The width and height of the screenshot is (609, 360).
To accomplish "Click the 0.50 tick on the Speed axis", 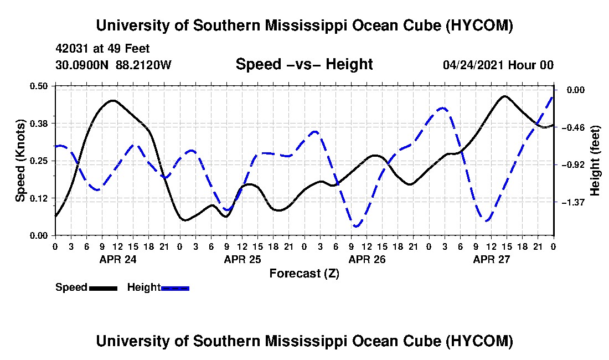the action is pyautogui.click(x=38, y=86).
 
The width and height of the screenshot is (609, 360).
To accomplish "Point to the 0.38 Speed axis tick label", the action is pyautogui.click(x=38, y=124).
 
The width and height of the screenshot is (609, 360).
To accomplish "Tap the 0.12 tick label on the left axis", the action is pyautogui.click(x=38, y=198).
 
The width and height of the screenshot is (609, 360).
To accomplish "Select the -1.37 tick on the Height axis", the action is pyautogui.click(x=576, y=202).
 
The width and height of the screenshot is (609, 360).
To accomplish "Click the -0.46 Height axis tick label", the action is pyautogui.click(x=576, y=127).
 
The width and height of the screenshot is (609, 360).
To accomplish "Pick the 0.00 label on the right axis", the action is pyautogui.click(x=576, y=90).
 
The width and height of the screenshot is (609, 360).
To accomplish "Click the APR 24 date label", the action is pyautogui.click(x=118, y=259).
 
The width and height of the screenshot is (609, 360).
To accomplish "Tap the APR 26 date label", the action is pyautogui.click(x=367, y=259).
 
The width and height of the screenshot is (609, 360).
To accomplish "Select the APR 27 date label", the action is pyautogui.click(x=491, y=259).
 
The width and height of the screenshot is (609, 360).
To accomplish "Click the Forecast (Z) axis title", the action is pyautogui.click(x=304, y=274).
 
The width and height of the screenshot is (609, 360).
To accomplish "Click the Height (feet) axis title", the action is pyautogui.click(x=595, y=161).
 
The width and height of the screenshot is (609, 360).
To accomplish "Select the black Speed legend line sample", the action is pyautogui.click(x=103, y=288).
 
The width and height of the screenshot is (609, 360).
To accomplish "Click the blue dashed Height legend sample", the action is pyautogui.click(x=175, y=288).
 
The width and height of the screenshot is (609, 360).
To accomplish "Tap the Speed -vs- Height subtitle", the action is pyautogui.click(x=304, y=64).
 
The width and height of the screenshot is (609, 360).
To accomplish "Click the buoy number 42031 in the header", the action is pyautogui.click(x=72, y=49).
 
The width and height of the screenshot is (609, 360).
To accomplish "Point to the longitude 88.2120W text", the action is pyautogui.click(x=143, y=64).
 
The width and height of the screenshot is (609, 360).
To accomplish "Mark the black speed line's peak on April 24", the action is pyautogui.click(x=112, y=101).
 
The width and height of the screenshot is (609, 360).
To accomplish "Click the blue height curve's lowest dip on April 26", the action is pyautogui.click(x=356, y=226).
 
